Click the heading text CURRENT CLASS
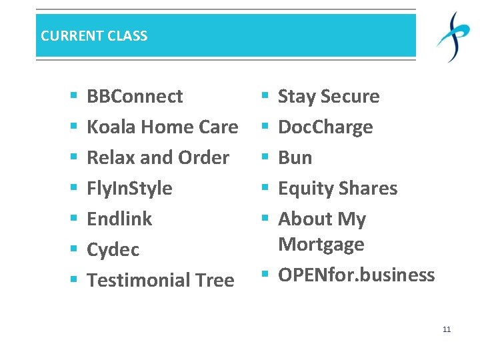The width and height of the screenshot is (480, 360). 94,36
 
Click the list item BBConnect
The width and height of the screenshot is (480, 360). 135,97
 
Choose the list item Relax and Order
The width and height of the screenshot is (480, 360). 158,158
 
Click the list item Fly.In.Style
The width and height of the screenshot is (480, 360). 129,189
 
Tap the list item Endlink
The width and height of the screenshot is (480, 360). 119,219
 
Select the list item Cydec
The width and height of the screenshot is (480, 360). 113,250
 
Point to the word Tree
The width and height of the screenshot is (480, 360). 214,281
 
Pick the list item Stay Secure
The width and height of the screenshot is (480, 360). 329,97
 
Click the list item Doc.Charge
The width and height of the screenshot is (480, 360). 325,127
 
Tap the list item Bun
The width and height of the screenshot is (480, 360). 295,158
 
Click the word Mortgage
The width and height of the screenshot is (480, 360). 321,245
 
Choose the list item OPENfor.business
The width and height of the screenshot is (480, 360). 356,275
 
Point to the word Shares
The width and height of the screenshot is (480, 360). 368,189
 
